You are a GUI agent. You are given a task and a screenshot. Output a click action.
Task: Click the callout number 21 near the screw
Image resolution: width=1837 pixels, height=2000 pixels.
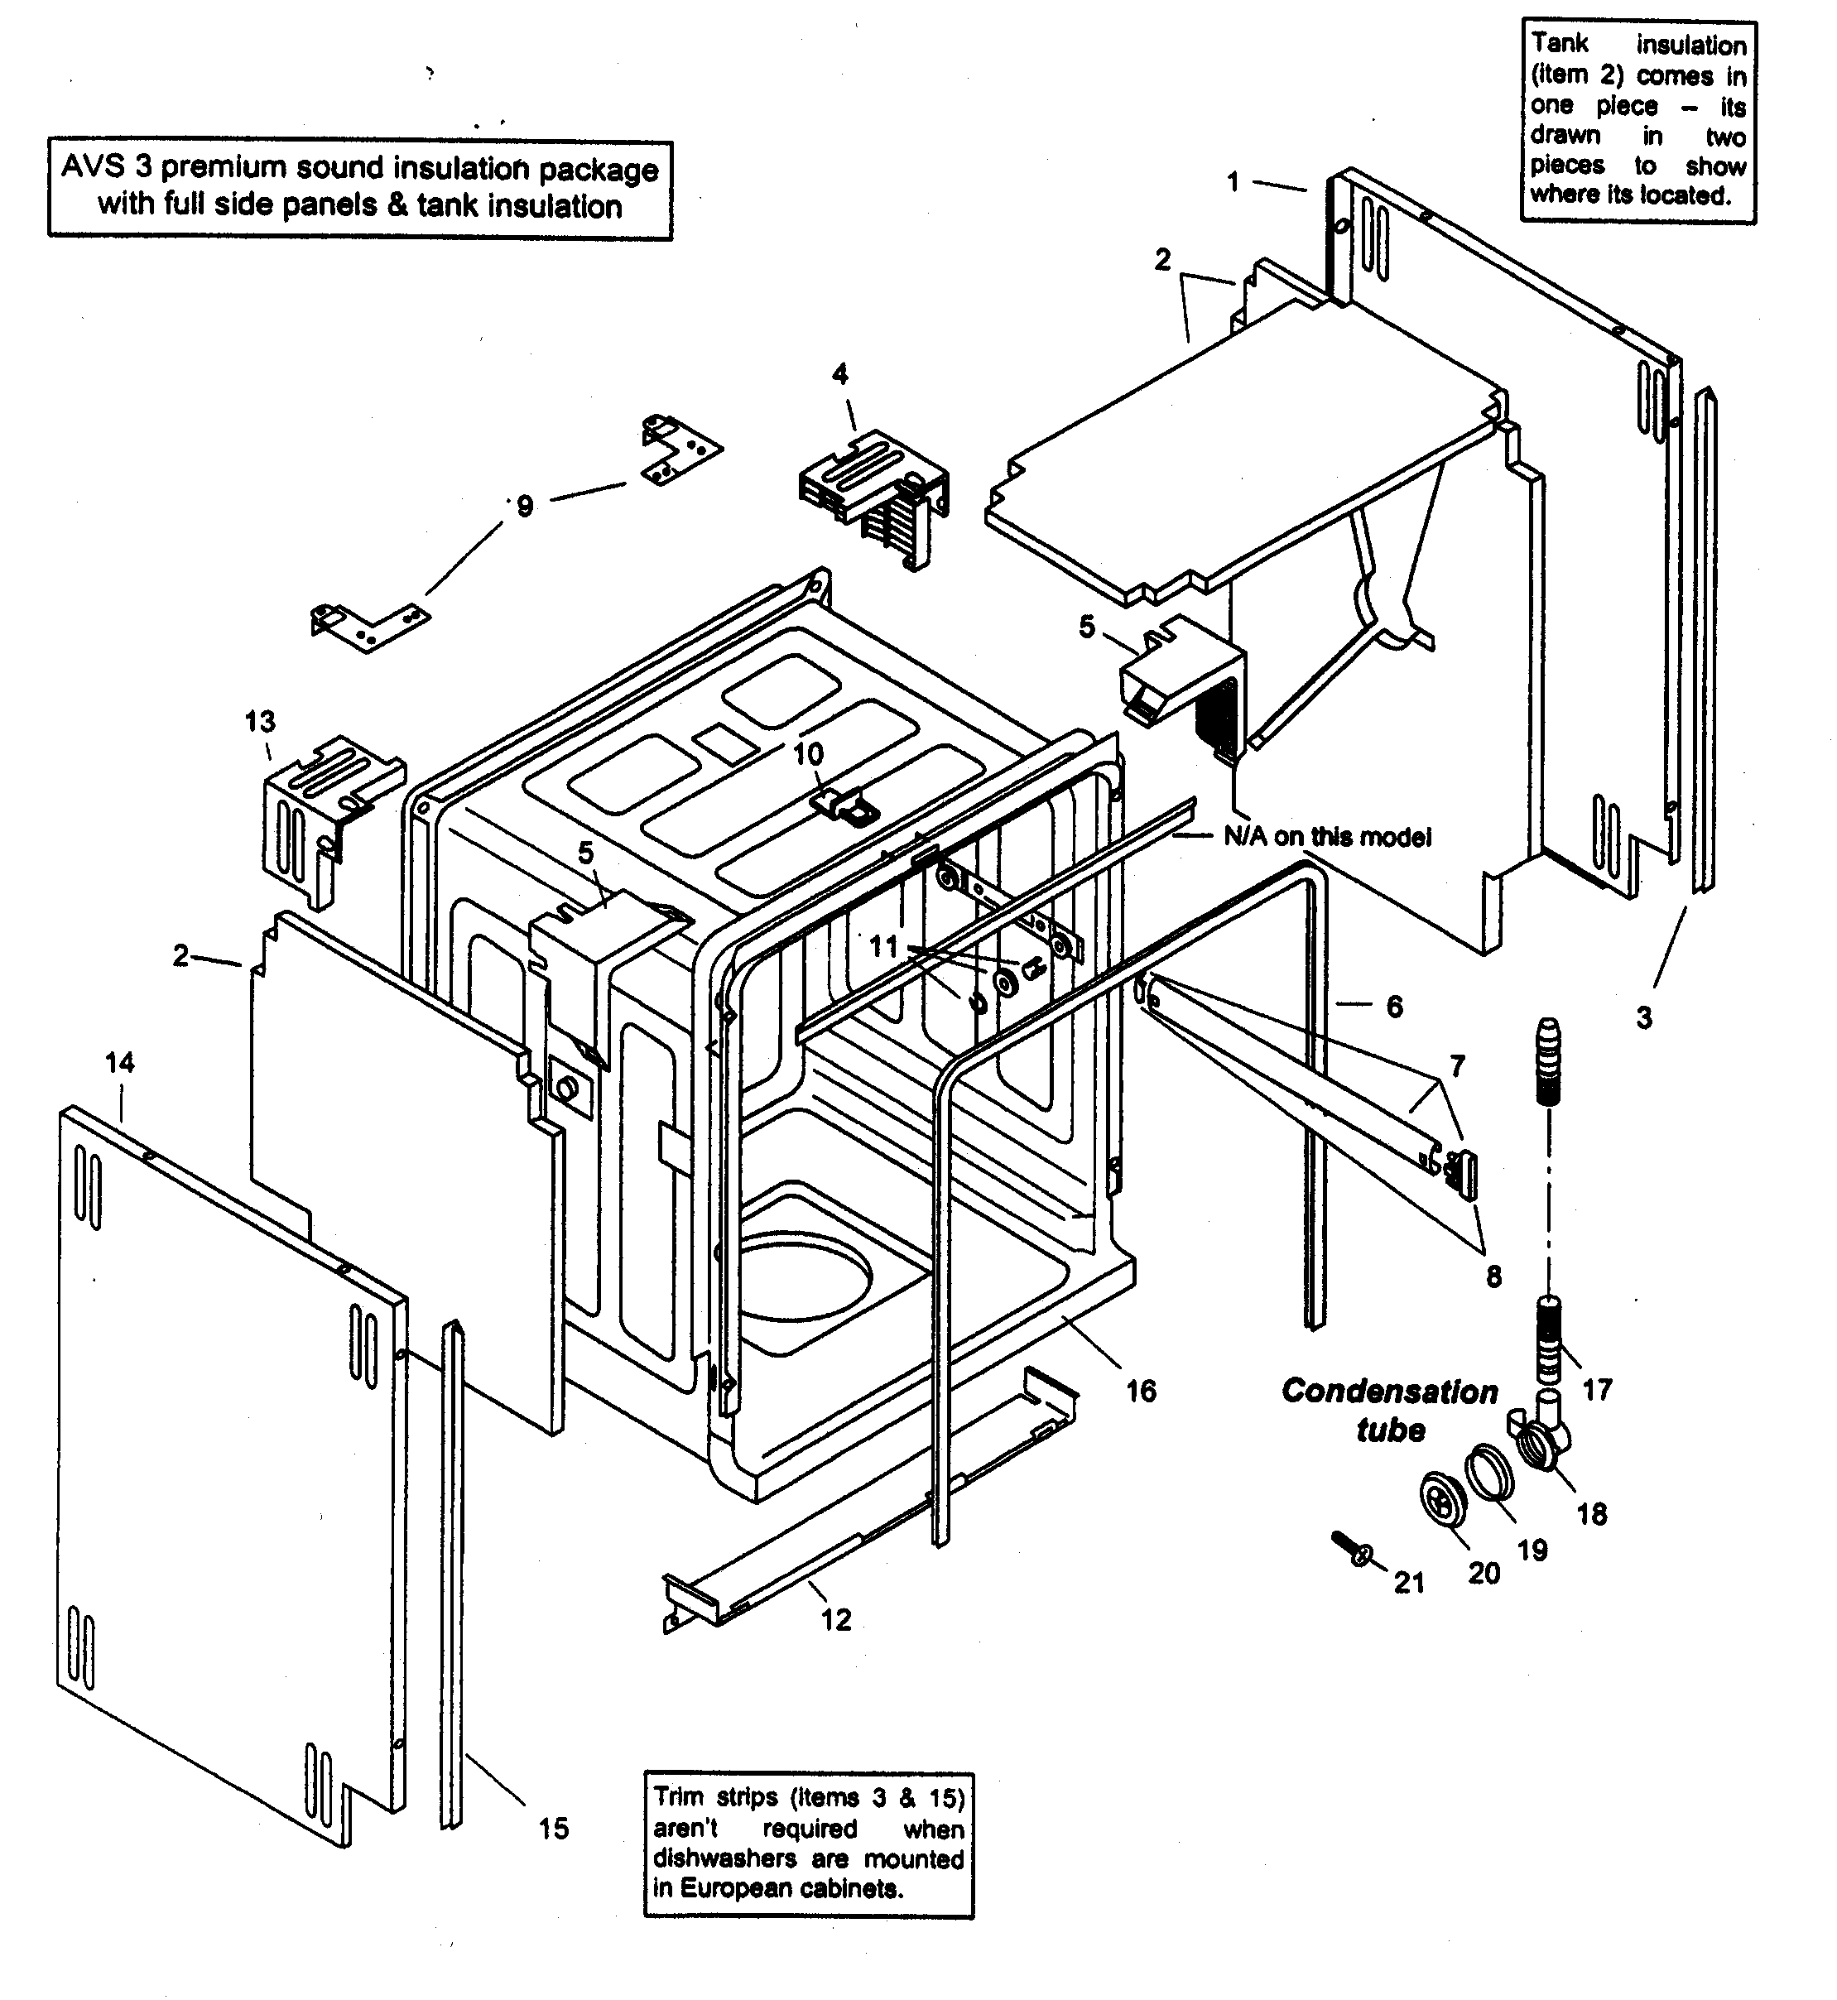1408,1583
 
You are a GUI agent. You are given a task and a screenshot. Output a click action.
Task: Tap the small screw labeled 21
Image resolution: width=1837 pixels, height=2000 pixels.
1353,1549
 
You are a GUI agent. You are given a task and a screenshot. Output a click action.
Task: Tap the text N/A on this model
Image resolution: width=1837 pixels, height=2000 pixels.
1327,837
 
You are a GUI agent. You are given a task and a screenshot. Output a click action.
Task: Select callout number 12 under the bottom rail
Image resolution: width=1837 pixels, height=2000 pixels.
836,1620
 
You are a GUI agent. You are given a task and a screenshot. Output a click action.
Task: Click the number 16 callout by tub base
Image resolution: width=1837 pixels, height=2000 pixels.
1141,1391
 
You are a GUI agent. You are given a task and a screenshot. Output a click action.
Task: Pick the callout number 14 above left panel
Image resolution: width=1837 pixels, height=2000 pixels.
119,1063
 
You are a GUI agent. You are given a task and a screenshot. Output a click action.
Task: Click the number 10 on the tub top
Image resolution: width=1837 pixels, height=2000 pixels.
808,753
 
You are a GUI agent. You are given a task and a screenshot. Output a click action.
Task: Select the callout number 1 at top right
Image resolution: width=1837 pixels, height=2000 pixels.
1233,182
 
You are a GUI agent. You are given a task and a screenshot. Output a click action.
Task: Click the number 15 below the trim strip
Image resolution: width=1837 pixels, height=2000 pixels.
554,1828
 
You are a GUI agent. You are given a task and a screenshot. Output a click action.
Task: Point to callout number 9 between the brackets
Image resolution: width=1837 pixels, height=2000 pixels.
525,507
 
